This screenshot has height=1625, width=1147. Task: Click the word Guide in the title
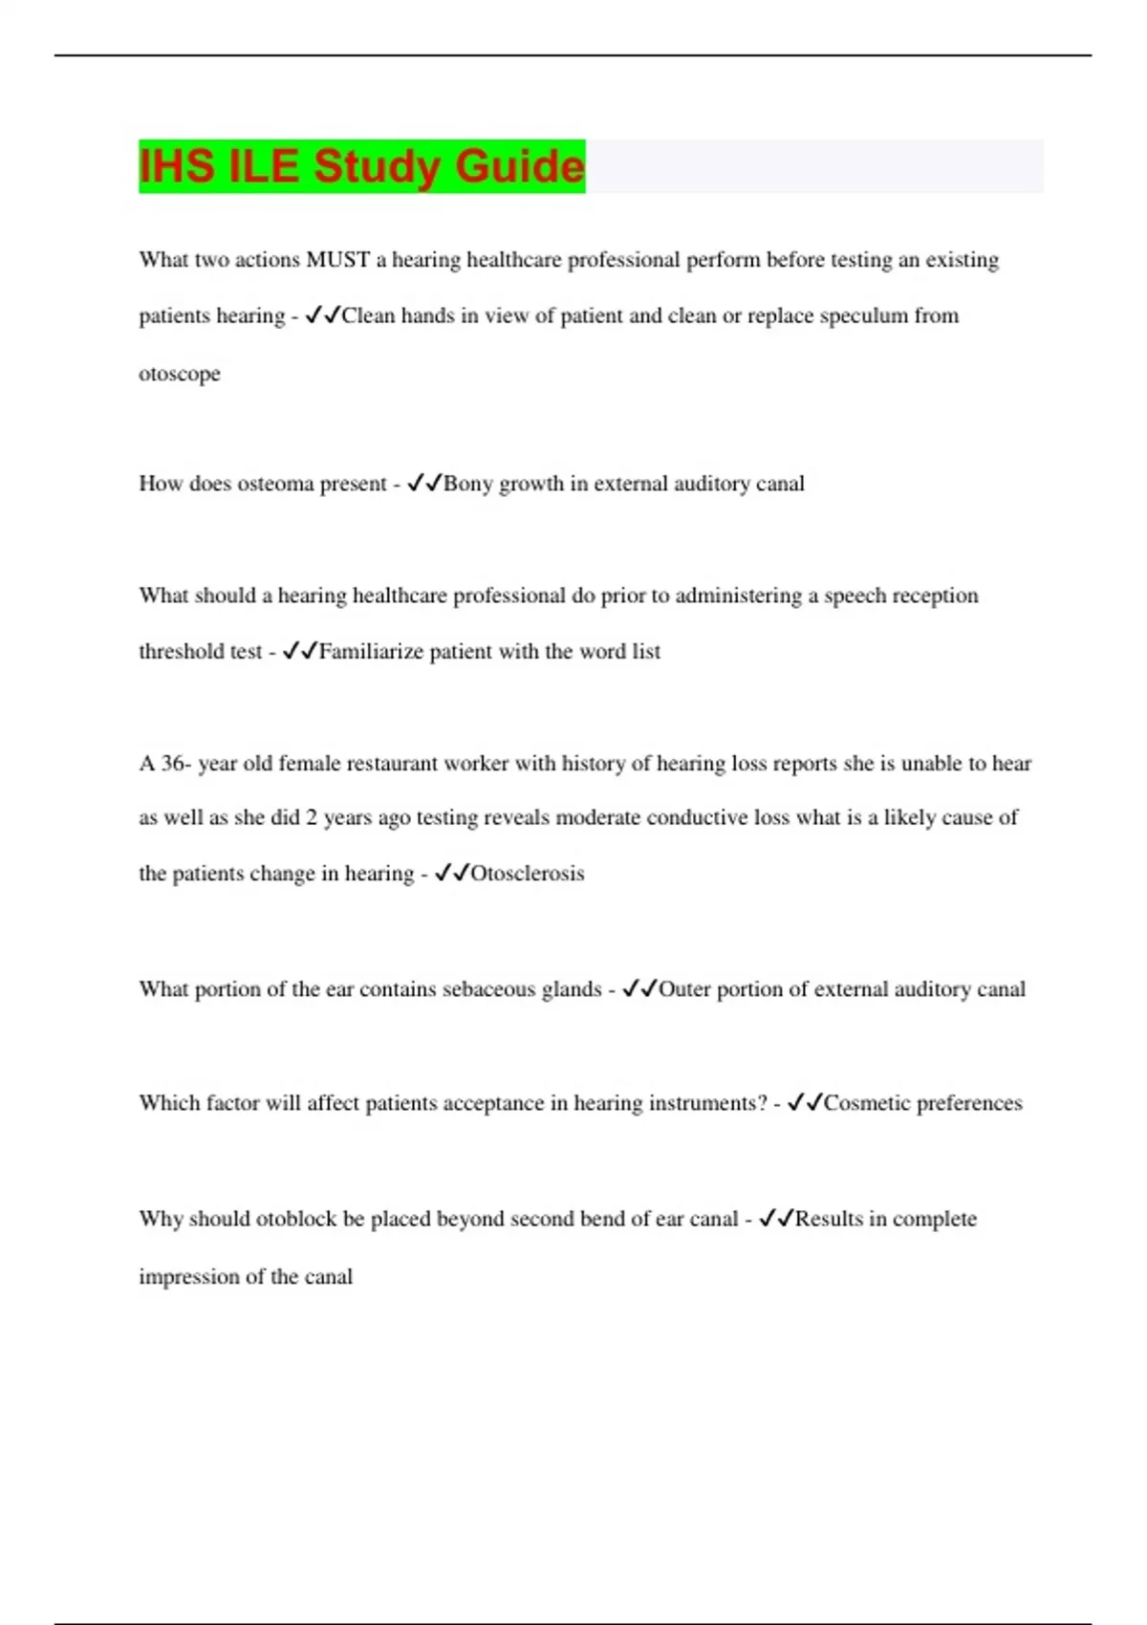coord(519,166)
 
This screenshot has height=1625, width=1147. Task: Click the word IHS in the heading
coord(177,166)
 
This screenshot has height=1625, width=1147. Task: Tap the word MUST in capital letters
coord(337,260)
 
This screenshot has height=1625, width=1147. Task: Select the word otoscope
coord(180,374)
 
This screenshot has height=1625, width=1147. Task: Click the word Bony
coord(468,484)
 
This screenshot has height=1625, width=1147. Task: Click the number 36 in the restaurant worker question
coord(173,764)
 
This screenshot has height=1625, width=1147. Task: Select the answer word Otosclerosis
coord(527,874)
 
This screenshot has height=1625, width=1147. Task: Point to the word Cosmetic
coord(867,1103)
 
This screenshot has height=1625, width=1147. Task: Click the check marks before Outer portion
coord(639,989)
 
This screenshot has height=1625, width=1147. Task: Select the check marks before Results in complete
coord(776,1219)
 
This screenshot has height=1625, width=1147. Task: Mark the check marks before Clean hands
coord(322,315)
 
